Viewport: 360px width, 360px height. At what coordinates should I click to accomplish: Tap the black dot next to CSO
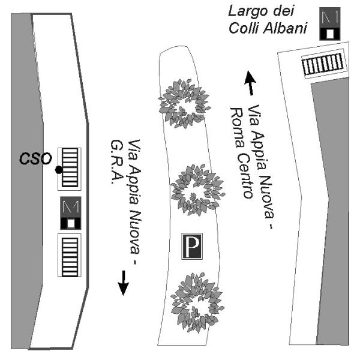[58, 170]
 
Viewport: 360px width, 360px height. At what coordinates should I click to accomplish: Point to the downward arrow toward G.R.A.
[123, 282]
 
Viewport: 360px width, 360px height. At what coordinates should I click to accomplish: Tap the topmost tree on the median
[183, 103]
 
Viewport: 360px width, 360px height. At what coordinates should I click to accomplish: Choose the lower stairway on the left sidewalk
[71, 256]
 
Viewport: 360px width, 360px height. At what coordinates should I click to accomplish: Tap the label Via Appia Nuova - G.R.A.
[128, 204]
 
